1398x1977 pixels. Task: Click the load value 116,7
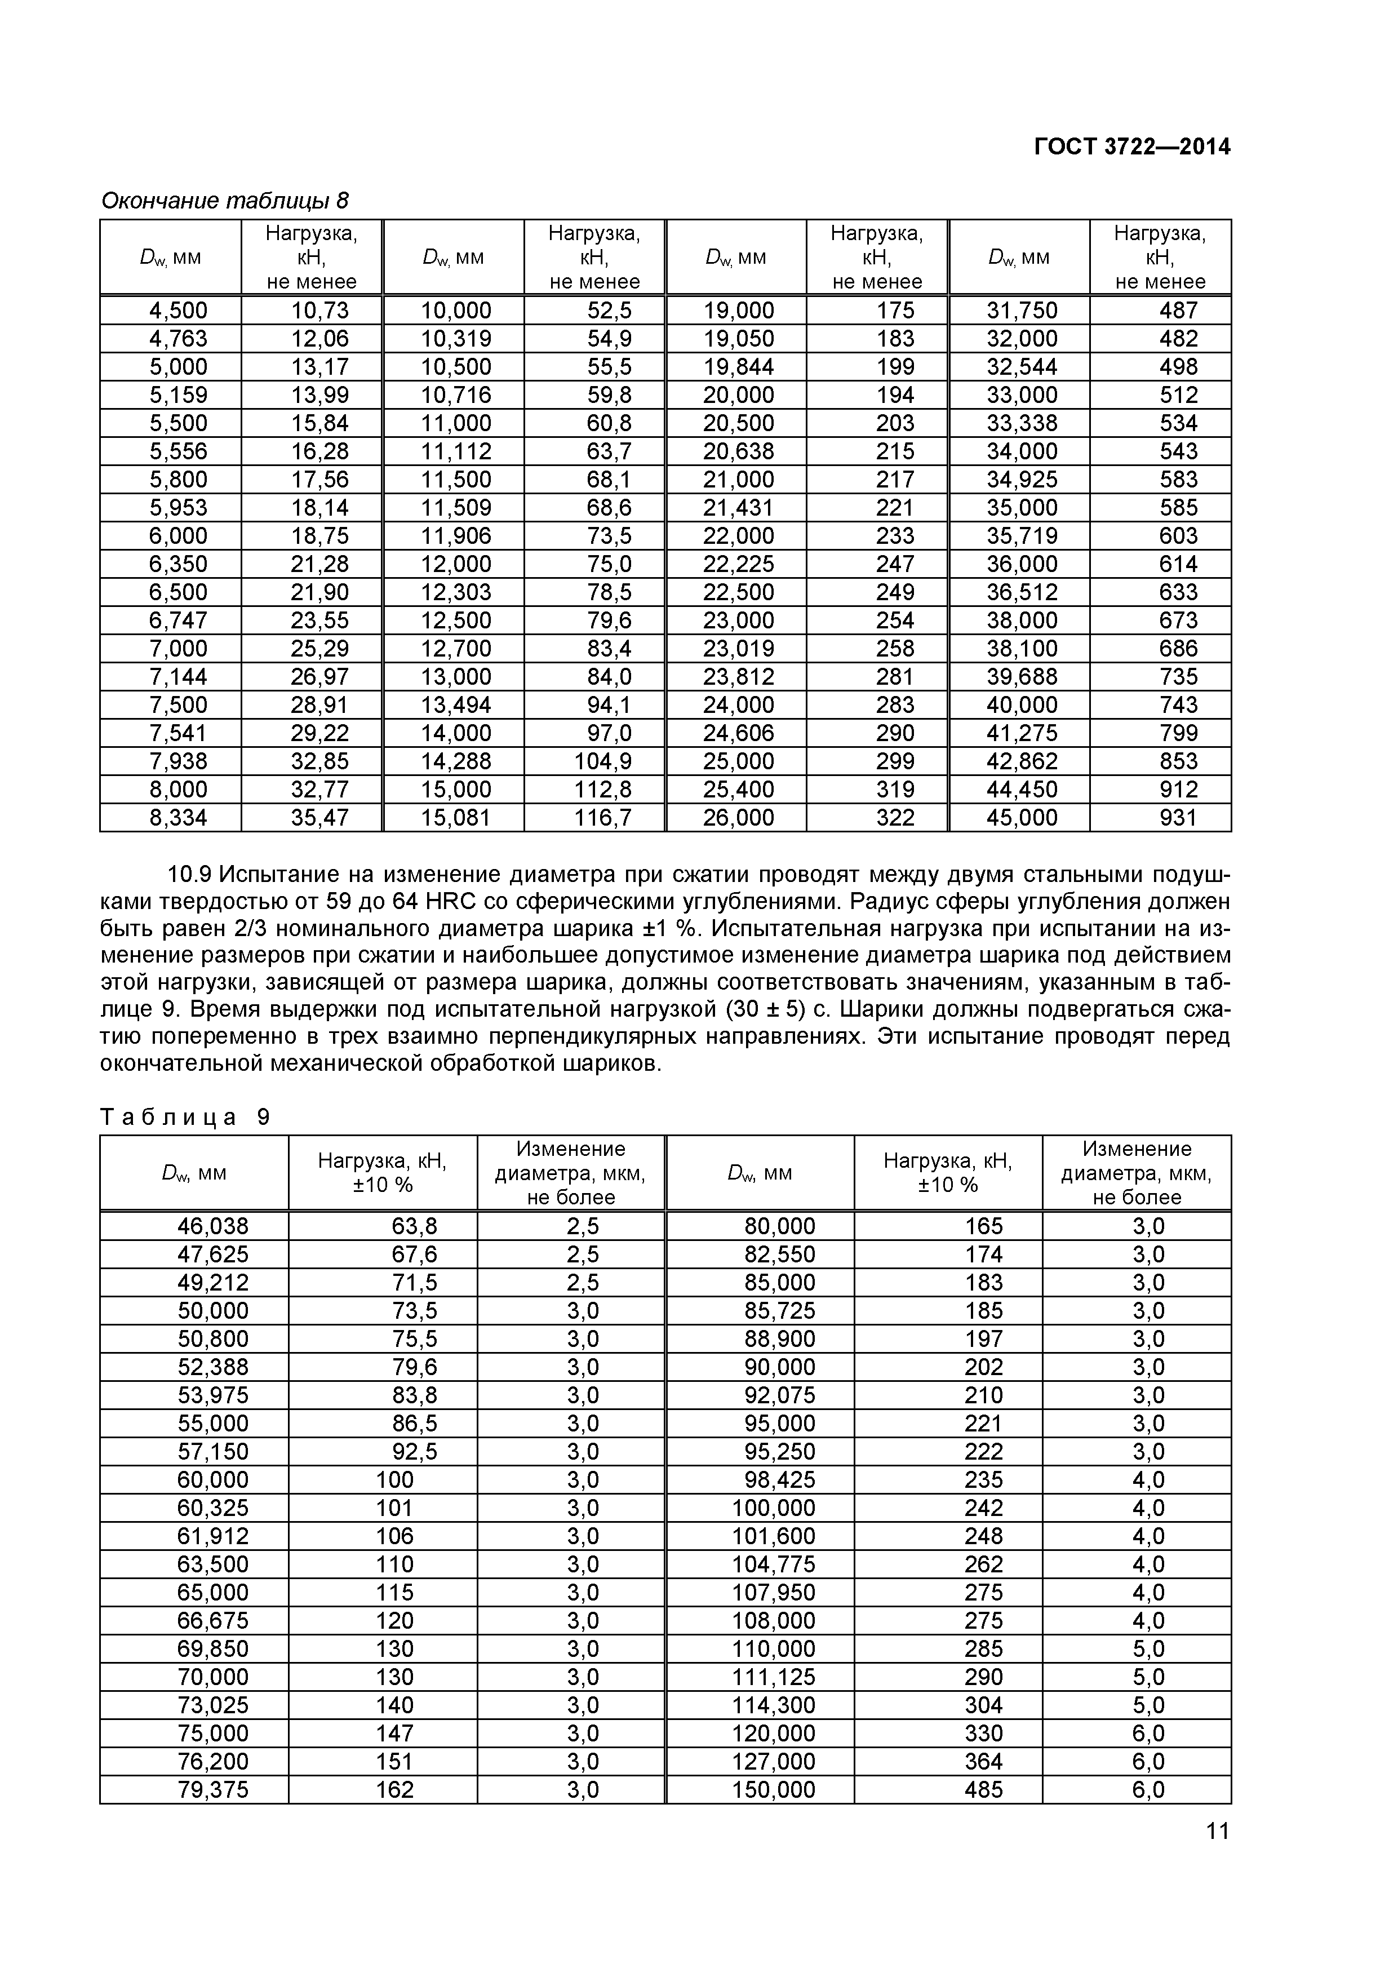pos(602,817)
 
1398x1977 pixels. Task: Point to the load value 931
pos(1178,817)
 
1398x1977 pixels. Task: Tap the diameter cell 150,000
pos(773,1789)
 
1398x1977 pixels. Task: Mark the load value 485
pos(984,1789)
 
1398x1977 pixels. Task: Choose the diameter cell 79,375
pos(212,1789)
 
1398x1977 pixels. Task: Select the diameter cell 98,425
pos(779,1479)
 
